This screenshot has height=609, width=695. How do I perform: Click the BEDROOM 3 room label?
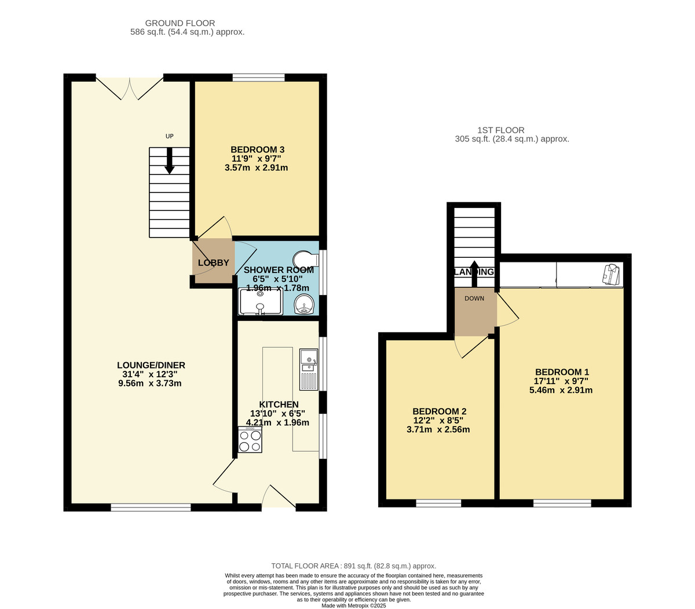pos(258,149)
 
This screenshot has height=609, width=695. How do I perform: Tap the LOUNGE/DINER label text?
pos(151,365)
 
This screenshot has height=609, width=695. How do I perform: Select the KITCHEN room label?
pos(279,404)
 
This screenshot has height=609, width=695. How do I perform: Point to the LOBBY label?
pos(213,263)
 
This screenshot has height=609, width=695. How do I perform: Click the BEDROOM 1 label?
pos(562,372)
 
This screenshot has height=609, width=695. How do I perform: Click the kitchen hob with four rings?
pos(250,441)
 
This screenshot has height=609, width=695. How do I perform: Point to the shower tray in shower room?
pos(260,302)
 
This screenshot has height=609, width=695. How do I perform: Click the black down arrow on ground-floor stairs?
pos(170,162)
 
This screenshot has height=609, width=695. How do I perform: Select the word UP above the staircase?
pos(170,136)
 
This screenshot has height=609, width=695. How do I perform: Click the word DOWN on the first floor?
pos(474,298)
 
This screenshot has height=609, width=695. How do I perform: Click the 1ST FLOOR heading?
pos(501,130)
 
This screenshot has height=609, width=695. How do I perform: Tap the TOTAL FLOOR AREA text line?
pos(353,566)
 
